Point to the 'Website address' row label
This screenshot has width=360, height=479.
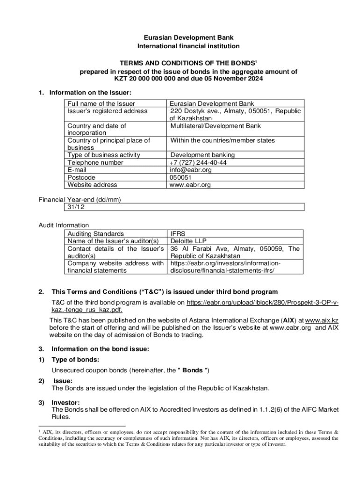tap(92, 185)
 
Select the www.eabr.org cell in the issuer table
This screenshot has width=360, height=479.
tap(190, 185)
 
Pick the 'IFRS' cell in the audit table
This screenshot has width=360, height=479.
tap(178, 233)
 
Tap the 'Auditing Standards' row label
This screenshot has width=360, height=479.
tap(96, 233)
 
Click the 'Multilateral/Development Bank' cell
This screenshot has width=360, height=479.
tap(216, 126)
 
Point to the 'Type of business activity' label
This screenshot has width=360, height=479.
tap(103, 155)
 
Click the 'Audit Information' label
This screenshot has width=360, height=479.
tap(64, 225)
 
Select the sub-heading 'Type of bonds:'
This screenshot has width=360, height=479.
tap(75, 360)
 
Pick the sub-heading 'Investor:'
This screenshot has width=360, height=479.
tap(65, 402)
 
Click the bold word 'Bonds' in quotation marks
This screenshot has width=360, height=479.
tap(192, 370)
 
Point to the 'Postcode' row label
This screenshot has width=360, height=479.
tap(81, 177)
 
